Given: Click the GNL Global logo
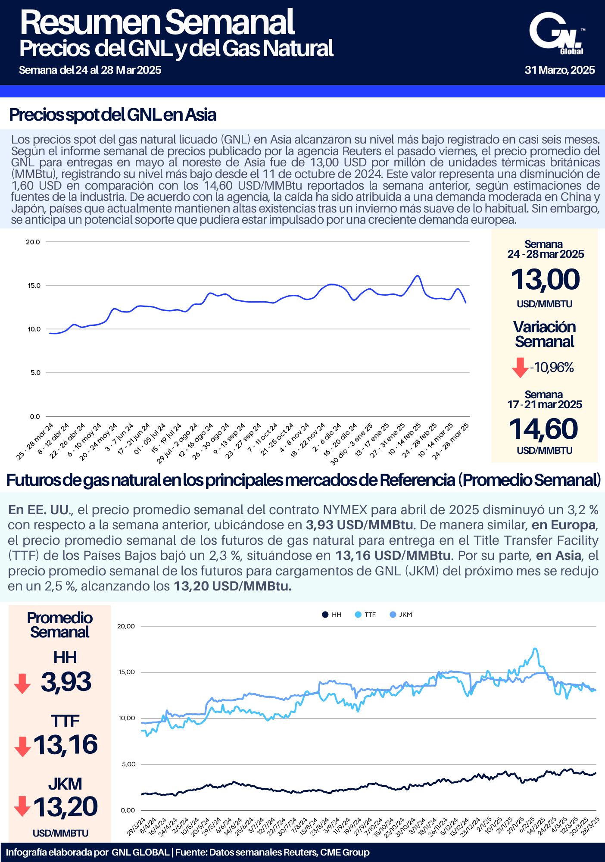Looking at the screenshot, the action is pos(557,34).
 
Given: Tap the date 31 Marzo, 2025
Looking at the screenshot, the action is pos(560,70).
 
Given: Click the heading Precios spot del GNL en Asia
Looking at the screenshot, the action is pos(112,115).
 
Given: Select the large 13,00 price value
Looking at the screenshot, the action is pos(545,279).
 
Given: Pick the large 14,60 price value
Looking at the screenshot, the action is pos(543,429).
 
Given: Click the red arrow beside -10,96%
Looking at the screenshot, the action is pos(520,368).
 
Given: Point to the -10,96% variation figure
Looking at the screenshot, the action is pos(552,368).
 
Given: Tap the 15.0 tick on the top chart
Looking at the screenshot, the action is pos(34,286).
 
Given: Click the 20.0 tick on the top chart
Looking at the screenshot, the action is pos(33,242).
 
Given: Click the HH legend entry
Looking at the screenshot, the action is pos(332,615).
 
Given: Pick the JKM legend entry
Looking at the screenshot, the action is pos(401,615).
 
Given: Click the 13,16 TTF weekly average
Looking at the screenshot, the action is pos(65,745).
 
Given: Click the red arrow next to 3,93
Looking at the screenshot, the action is pos(22,684).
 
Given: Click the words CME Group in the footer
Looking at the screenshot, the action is pos(345,853).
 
